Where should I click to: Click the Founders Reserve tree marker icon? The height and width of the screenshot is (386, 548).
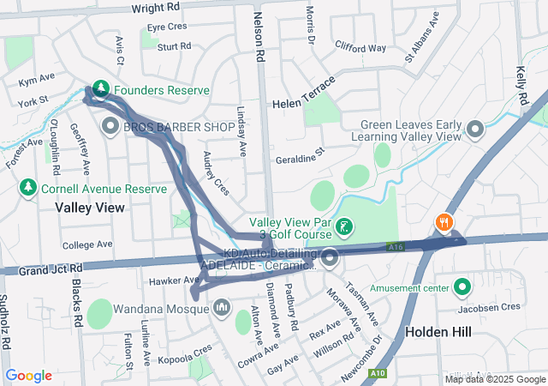(101, 88)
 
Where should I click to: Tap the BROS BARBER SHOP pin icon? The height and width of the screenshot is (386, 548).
(110, 127)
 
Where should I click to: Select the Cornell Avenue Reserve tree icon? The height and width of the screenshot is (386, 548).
(27, 188)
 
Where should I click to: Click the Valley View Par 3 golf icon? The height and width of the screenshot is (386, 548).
(343, 227)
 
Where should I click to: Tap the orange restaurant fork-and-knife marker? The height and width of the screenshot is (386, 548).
(443, 222)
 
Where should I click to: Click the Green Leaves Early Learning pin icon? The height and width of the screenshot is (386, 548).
(475, 130)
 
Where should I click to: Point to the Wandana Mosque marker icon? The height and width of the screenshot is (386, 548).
(222, 306)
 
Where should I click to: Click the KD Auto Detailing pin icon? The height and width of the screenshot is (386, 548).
(330, 257)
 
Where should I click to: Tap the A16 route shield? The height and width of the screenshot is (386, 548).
(395, 247)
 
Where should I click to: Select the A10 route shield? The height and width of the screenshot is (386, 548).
(378, 374)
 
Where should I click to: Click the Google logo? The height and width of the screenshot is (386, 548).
(29, 376)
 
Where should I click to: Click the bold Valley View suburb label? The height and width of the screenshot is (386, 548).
(90, 208)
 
